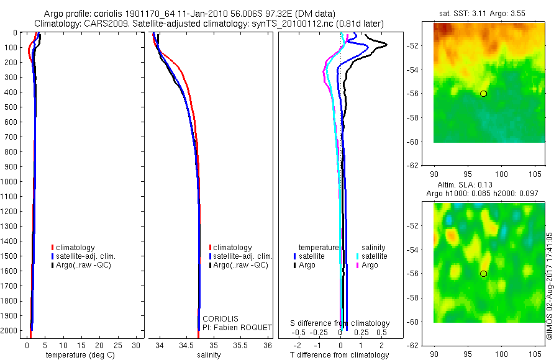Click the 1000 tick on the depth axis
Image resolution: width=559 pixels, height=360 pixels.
point(12,182)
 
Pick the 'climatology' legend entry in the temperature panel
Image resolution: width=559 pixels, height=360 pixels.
point(78,248)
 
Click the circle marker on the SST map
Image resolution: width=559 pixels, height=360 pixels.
point(484,94)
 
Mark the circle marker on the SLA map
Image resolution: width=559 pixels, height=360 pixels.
point(484,274)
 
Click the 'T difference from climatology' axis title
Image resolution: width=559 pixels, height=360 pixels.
point(340,355)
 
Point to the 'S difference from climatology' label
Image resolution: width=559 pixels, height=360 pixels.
point(340,323)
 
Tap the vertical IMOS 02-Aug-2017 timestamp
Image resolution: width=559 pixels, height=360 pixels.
point(550,286)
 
